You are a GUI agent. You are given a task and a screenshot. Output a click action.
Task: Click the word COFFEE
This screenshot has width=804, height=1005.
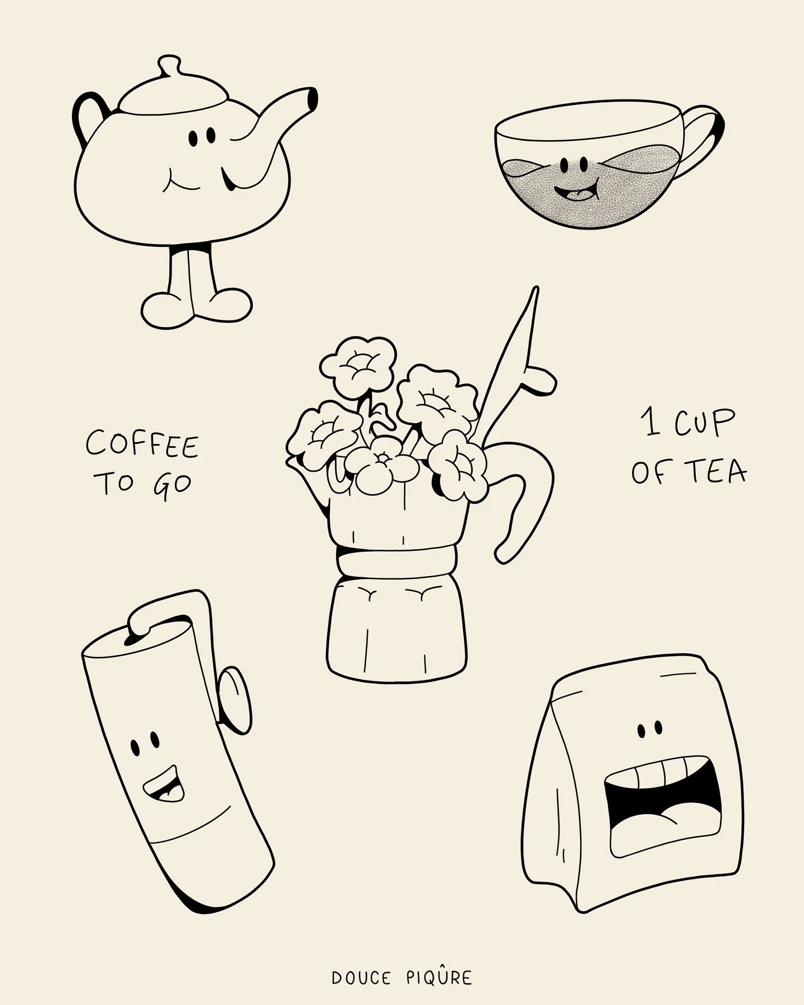142,445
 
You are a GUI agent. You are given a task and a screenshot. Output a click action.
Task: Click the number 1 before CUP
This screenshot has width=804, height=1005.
650,425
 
